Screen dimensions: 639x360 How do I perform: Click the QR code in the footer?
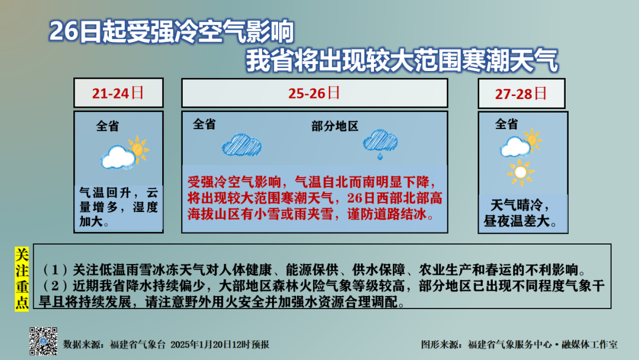click(x=43, y=341)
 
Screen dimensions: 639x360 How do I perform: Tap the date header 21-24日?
click(x=118, y=93)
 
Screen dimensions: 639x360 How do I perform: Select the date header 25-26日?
click(x=314, y=93)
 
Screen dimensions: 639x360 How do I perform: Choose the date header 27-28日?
click(x=521, y=94)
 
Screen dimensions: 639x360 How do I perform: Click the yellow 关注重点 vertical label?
click(x=22, y=279)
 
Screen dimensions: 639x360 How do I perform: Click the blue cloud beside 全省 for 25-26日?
click(x=241, y=145)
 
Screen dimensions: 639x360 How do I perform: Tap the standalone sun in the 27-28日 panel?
click(x=521, y=172)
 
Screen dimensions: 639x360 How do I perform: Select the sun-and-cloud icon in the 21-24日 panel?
click(x=124, y=153)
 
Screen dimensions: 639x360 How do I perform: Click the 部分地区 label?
click(x=335, y=126)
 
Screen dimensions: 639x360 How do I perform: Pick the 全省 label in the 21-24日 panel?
click(x=108, y=126)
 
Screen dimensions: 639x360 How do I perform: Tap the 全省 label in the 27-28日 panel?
click(x=506, y=124)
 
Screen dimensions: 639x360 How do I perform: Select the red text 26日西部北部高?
click(x=395, y=198)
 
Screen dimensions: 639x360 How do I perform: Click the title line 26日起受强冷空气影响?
click(x=172, y=31)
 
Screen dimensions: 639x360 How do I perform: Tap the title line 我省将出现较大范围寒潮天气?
click(x=402, y=61)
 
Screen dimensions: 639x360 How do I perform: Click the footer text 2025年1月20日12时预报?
click(x=220, y=345)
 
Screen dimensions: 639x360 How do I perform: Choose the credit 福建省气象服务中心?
click(x=510, y=345)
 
